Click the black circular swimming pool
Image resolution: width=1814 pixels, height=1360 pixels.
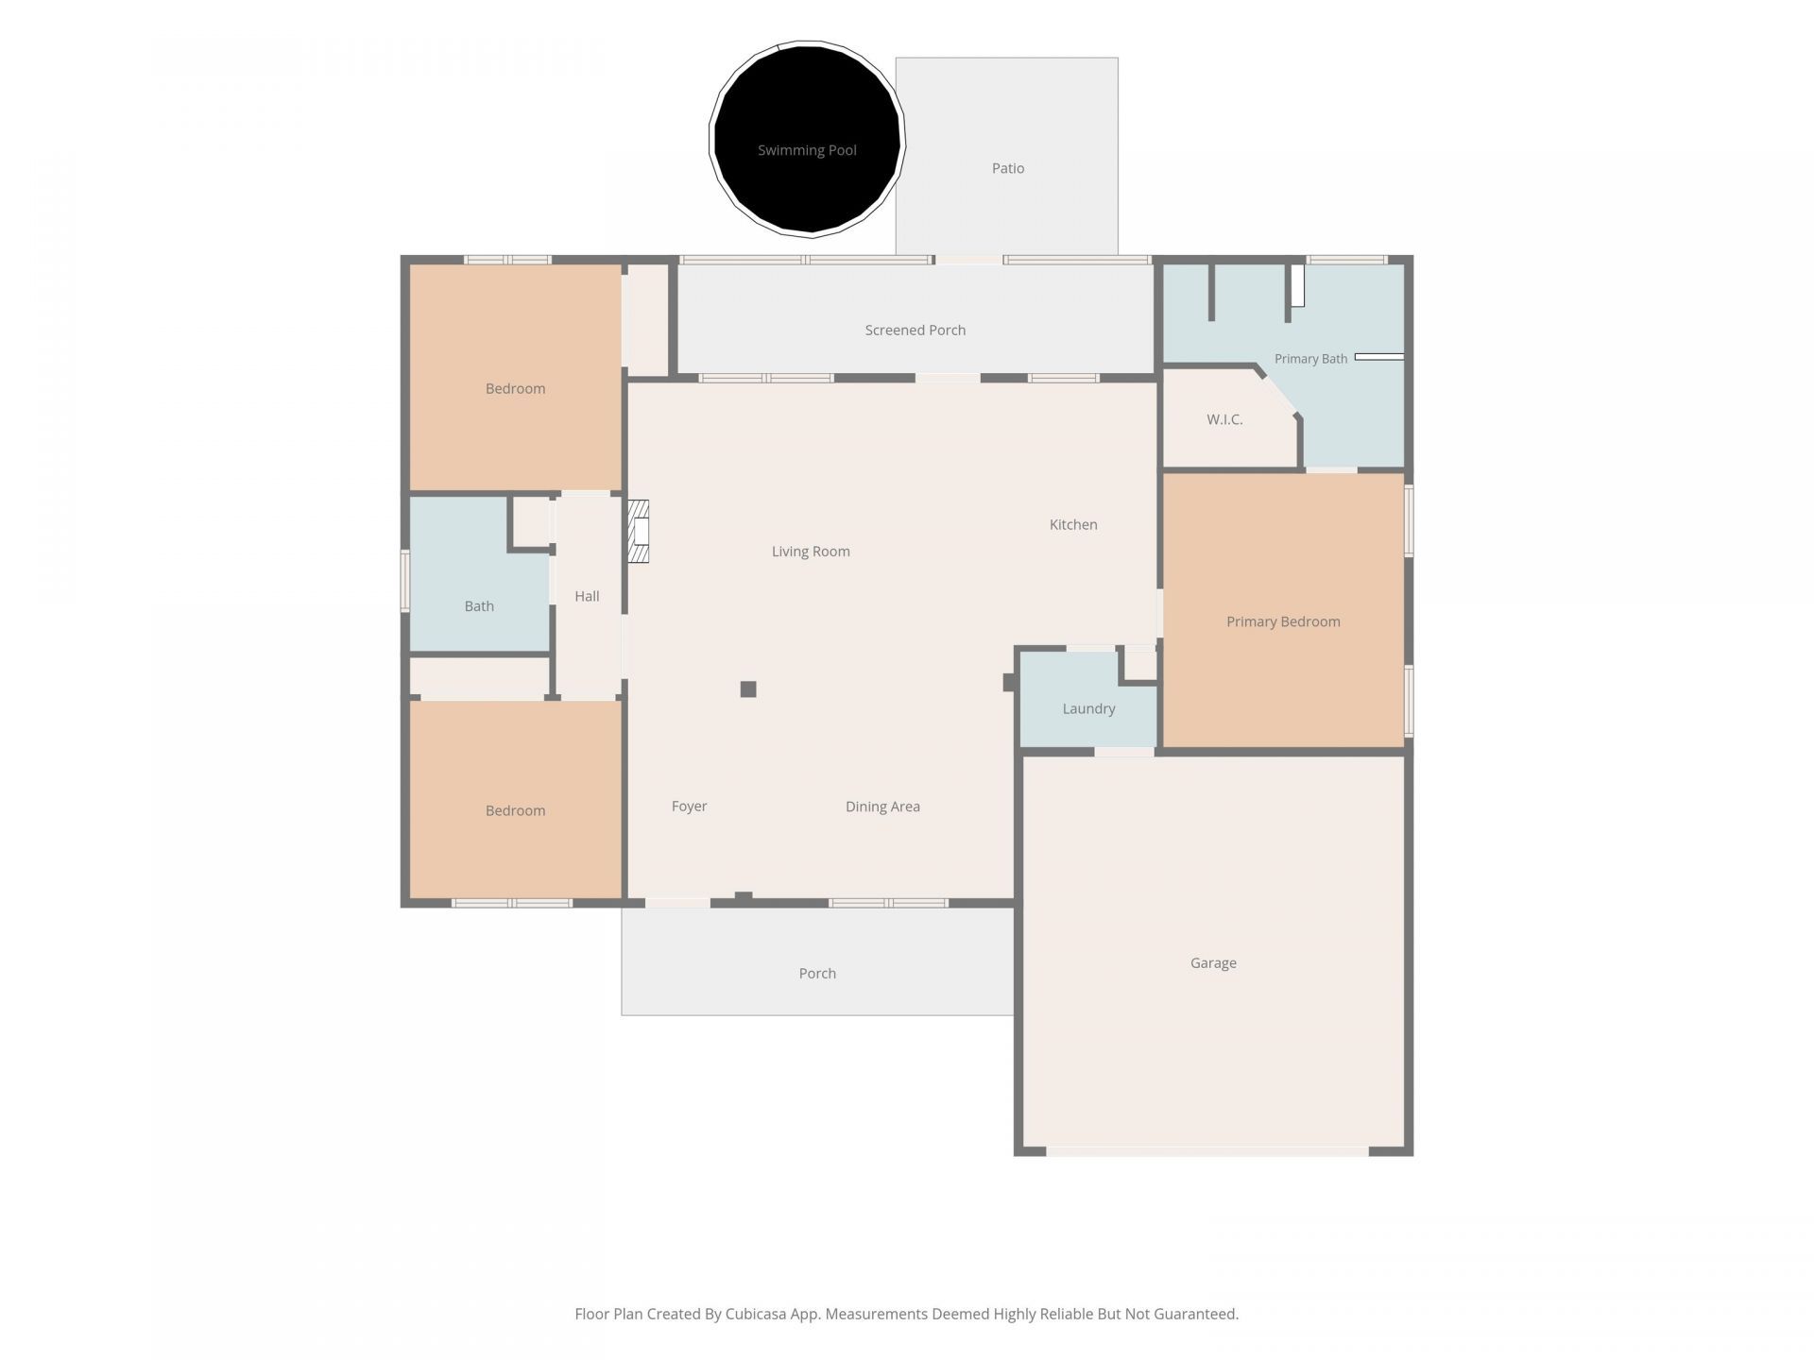point(807,139)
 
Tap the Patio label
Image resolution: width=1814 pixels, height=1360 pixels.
point(1008,168)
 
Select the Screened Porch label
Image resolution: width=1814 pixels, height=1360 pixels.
point(916,330)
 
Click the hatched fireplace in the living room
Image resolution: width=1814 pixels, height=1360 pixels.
point(640,531)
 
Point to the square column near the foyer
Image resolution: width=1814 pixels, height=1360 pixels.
point(748,689)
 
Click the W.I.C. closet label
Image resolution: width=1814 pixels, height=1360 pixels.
point(1224,419)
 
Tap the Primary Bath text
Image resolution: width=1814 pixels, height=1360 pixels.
point(1310,359)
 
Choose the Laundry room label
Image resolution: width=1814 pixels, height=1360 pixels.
point(1088,708)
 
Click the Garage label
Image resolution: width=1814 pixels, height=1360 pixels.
point(1213,962)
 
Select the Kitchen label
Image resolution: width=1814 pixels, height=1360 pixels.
point(1073,524)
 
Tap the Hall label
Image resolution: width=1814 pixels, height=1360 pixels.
point(587,596)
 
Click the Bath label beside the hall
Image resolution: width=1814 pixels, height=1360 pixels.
point(479,606)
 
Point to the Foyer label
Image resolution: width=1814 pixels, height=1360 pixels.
point(689,807)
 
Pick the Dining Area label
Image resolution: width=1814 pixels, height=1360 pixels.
point(882,807)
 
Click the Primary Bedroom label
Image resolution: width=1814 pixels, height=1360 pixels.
point(1283,621)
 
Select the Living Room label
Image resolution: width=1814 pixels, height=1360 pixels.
point(811,552)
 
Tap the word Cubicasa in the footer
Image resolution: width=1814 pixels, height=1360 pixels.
point(758,1314)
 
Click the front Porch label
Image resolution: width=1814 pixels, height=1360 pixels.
point(817,973)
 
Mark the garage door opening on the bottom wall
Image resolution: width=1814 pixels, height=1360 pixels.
point(1207,1151)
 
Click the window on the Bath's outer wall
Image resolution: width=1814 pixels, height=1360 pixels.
point(405,582)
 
